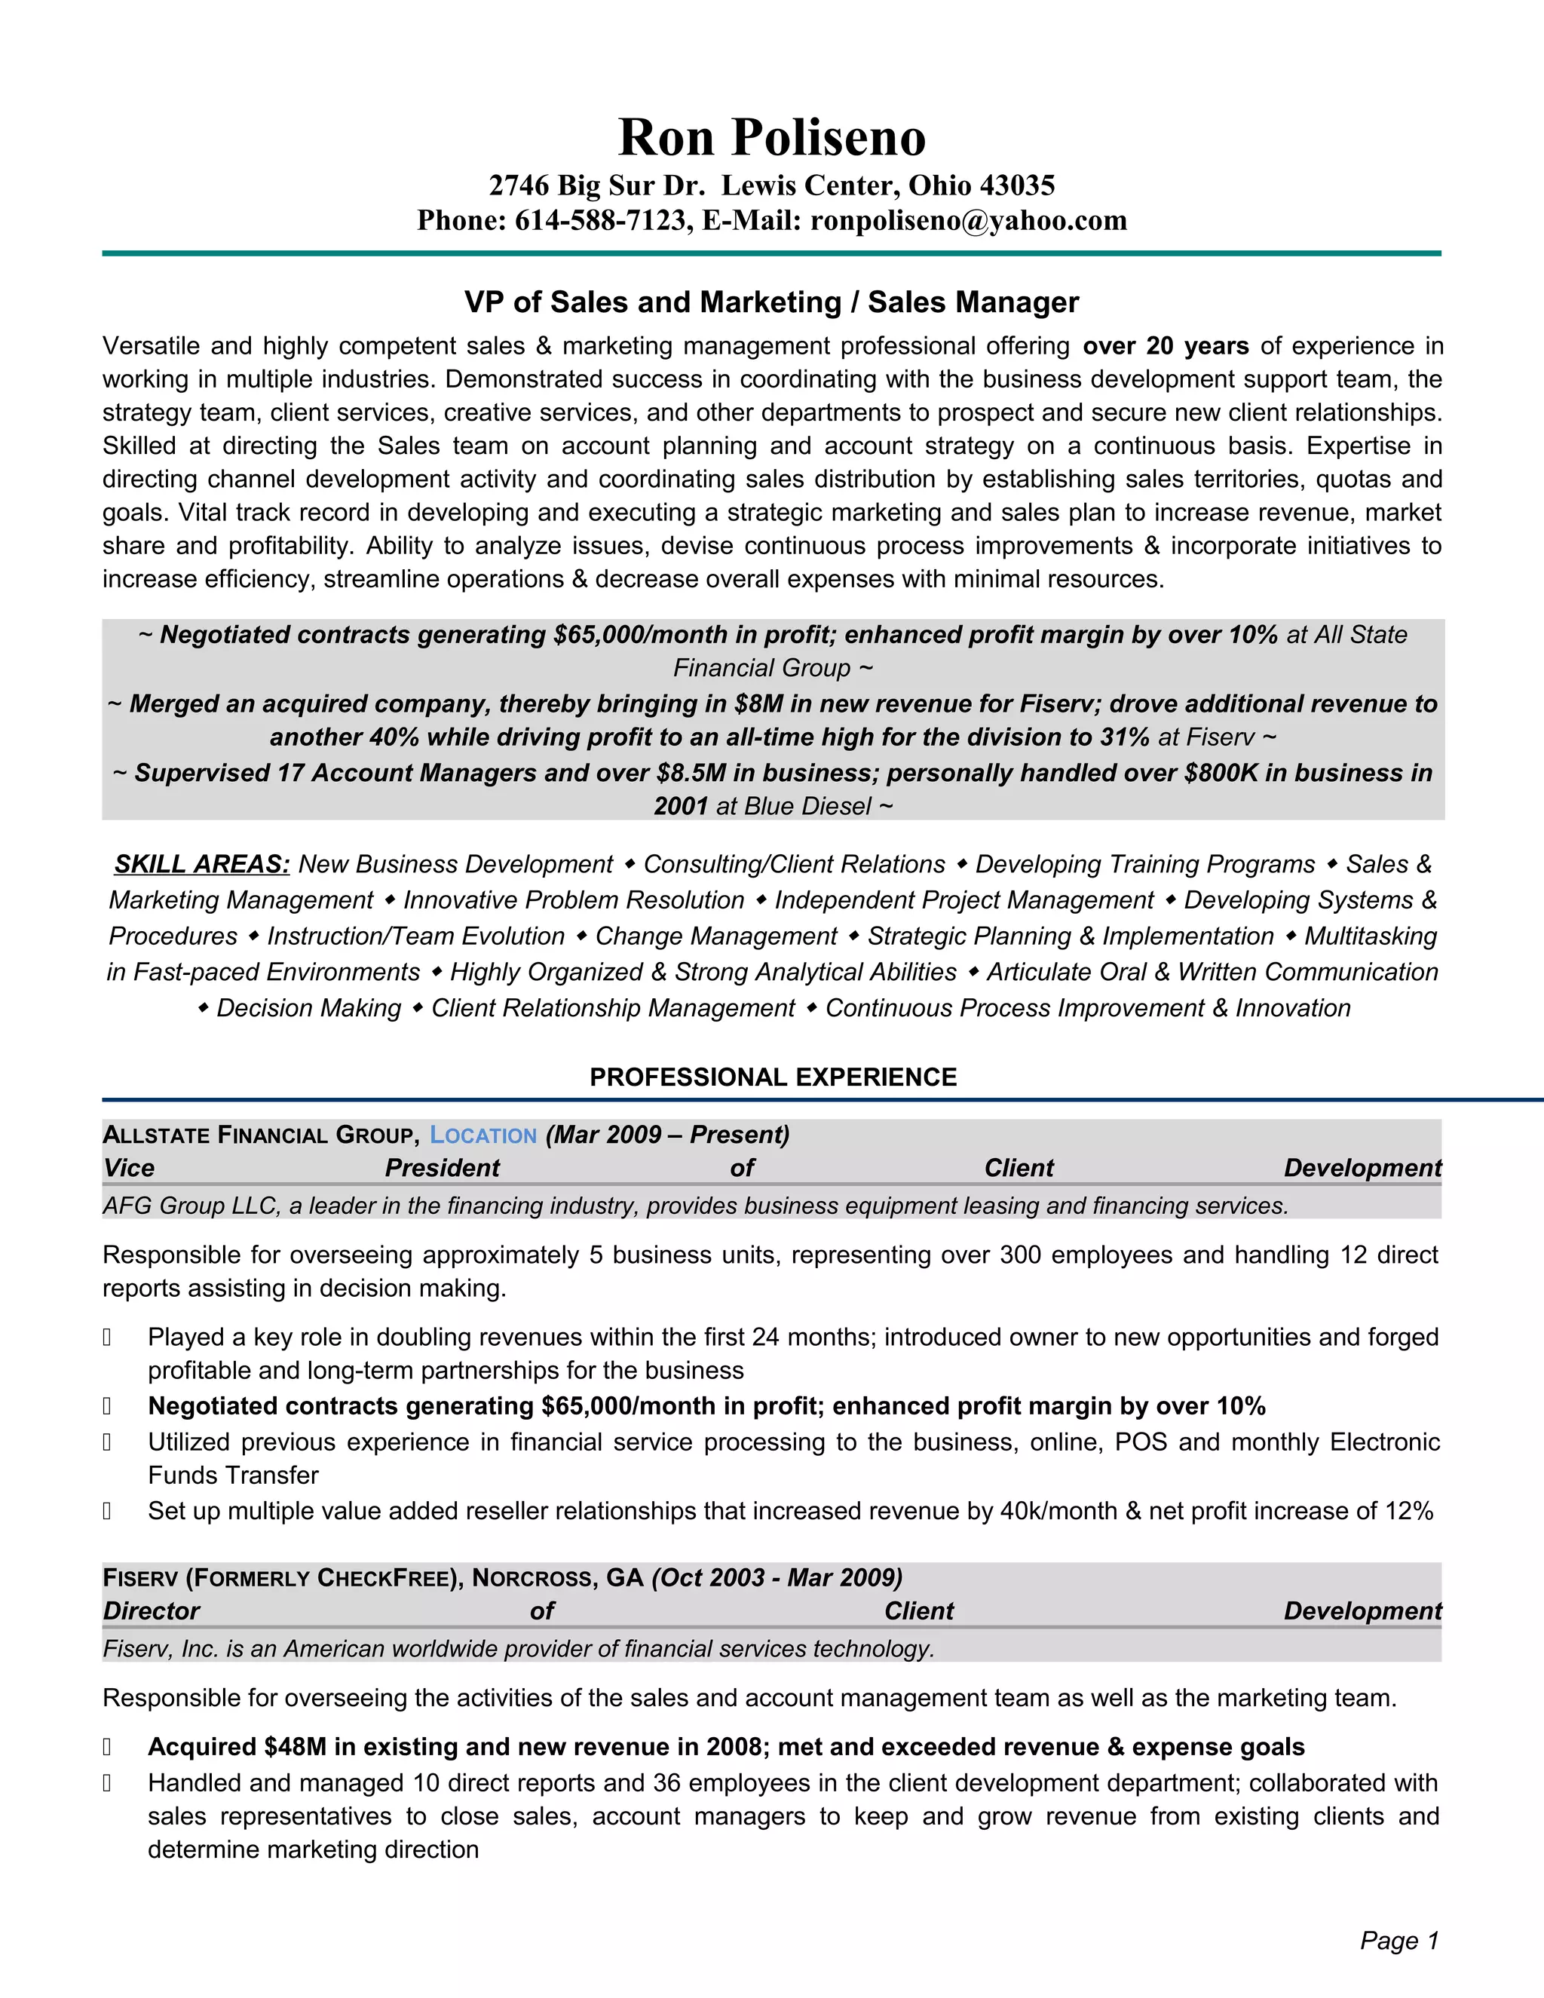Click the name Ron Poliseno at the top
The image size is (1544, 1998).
772,137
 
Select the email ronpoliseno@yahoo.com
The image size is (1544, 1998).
969,220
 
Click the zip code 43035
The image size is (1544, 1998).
1017,185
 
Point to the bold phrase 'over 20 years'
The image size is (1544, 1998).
1166,346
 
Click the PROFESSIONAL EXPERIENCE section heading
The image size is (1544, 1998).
773,1077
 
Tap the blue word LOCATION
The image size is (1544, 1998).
483,1135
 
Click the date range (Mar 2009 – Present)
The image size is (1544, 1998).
668,1135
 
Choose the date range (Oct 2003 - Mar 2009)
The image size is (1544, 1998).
777,1578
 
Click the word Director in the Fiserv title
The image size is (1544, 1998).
151,1611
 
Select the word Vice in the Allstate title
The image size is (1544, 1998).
129,1168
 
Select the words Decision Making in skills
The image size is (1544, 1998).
308,1008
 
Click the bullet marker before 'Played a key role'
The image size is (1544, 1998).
107,1338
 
